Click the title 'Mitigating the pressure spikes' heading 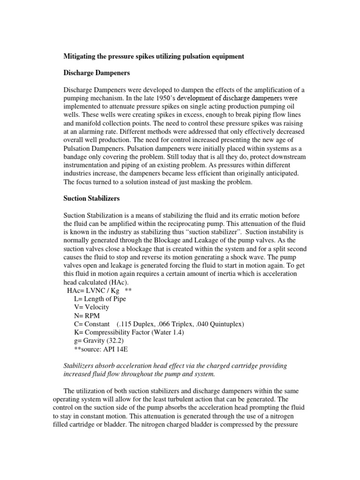pos(154,56)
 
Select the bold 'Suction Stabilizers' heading pos(91,198)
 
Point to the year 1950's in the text pos(157,98)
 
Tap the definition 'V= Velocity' pos(91,307)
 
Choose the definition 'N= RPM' pos(85,315)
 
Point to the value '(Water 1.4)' pos(167,332)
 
